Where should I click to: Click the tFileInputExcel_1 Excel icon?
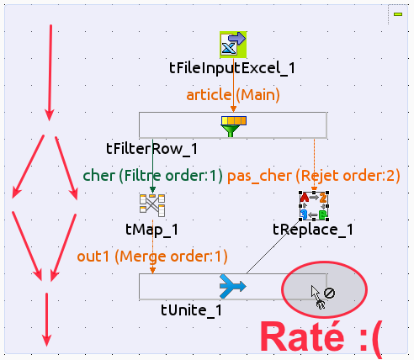click(x=233, y=45)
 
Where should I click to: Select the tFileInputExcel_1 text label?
click(x=232, y=68)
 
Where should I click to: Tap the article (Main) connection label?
click(x=233, y=95)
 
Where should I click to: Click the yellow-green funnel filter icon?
click(x=234, y=126)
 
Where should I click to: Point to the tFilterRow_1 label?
click(x=151, y=149)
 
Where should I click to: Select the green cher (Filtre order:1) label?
click(x=153, y=176)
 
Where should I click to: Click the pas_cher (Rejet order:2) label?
click(x=314, y=176)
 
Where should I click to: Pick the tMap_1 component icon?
click(x=152, y=205)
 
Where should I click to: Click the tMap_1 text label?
click(x=151, y=230)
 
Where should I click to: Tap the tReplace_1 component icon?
click(x=314, y=206)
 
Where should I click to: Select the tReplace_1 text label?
click(x=313, y=230)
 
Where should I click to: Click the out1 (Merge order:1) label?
click(x=152, y=257)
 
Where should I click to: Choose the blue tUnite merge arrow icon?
click(x=233, y=286)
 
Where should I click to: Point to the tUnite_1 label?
click(x=192, y=310)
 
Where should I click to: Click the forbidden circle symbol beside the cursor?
click(x=329, y=293)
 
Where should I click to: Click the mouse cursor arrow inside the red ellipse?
click(x=316, y=294)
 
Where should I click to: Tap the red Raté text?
click(x=302, y=337)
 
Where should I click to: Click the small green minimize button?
click(x=398, y=14)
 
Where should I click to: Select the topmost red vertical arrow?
click(x=50, y=73)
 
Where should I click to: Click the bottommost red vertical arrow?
click(x=46, y=320)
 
